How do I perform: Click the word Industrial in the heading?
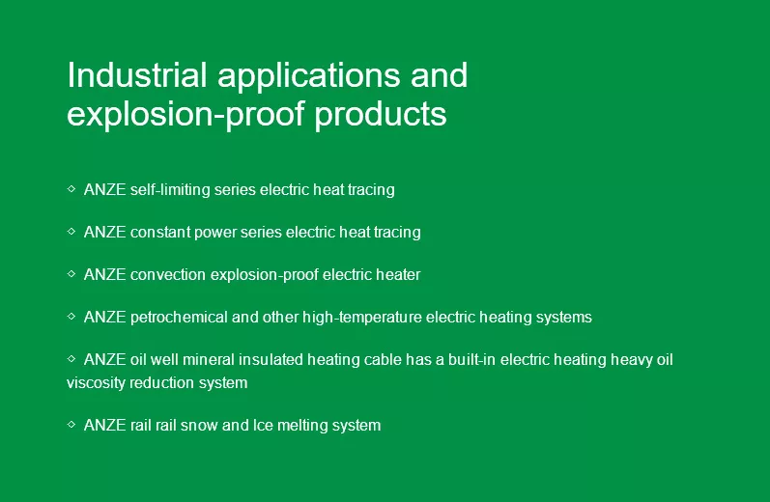coord(136,75)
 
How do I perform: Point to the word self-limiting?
coord(170,190)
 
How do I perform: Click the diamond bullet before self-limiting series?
coord(71,188)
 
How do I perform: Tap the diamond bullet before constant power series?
coord(71,231)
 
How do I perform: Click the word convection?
coord(168,275)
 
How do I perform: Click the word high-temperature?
coord(362,318)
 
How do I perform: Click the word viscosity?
coord(96,383)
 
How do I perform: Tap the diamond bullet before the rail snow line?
coord(71,424)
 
